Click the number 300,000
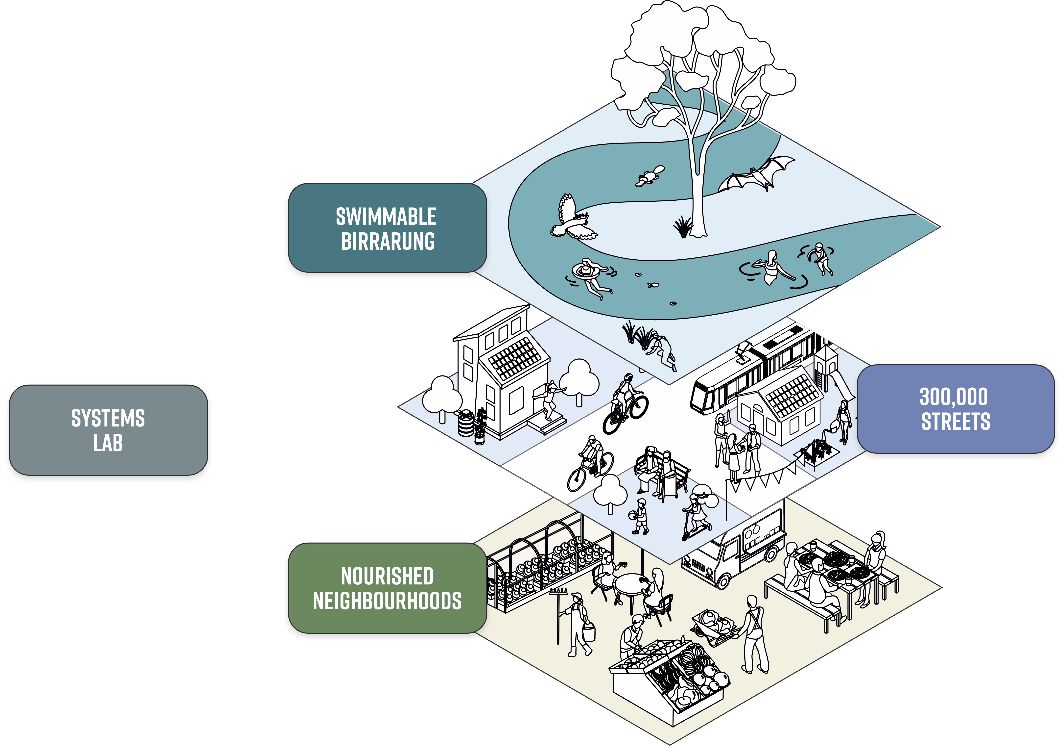[954, 397]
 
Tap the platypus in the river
[651, 176]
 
